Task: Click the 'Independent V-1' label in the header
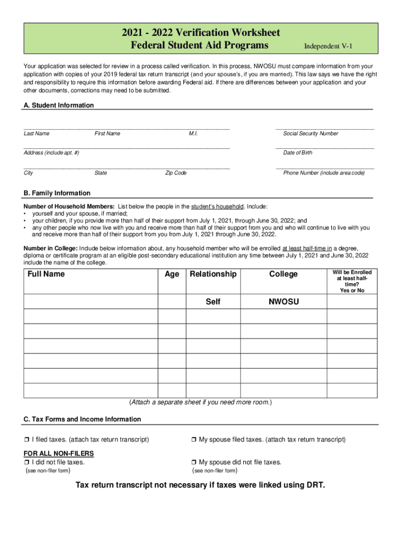[328, 46]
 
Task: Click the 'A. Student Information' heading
[59, 105]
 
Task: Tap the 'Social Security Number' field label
[310, 134]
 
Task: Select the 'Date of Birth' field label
[298, 153]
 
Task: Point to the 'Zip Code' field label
[176, 173]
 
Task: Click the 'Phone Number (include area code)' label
[324, 173]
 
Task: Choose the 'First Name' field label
[107, 134]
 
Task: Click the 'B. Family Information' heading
[57, 193]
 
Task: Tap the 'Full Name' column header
[46, 274]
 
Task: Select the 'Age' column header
[172, 274]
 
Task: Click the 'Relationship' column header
[213, 274]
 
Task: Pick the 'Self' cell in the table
[213, 302]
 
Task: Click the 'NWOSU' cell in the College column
[283, 302]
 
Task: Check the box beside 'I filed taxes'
[27, 440]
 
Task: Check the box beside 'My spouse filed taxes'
[194, 440]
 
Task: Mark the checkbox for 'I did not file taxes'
[27, 462]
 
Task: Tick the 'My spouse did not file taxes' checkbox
[194, 462]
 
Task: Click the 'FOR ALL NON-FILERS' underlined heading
[59, 454]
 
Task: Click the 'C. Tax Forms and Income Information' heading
[82, 419]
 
